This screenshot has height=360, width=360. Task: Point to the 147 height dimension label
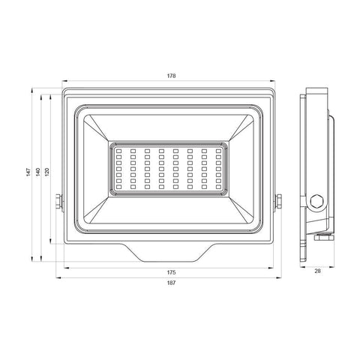[26, 172]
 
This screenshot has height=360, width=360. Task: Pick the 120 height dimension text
[46, 172]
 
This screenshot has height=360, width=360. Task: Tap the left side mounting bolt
[58, 202]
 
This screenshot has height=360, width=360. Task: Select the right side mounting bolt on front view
[279, 202]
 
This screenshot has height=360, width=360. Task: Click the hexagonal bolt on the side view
[316, 202]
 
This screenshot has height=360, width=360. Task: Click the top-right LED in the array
[217, 150]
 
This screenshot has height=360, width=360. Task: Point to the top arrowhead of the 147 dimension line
[32, 90]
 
